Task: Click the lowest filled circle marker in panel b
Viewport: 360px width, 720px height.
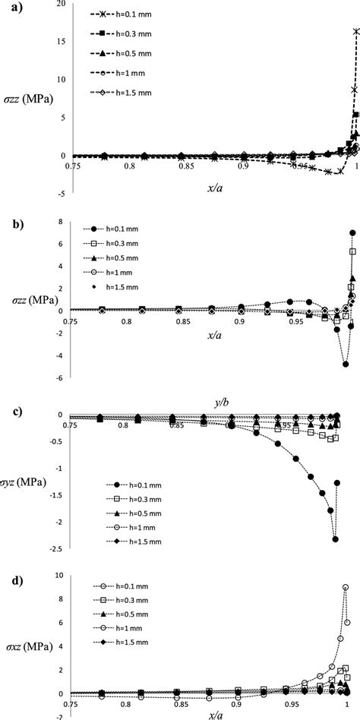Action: point(346,365)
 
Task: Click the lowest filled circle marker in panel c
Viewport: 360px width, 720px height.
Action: point(335,539)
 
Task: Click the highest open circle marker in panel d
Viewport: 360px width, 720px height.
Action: point(346,587)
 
